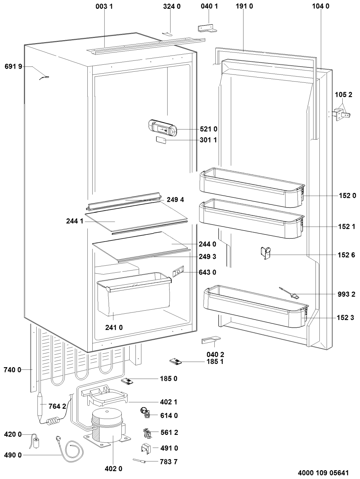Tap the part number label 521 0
[208, 129]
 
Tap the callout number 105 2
[344, 95]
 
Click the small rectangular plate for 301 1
[160, 141]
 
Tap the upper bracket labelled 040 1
[207, 28]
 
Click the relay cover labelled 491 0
[146, 448]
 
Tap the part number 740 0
[13, 370]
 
